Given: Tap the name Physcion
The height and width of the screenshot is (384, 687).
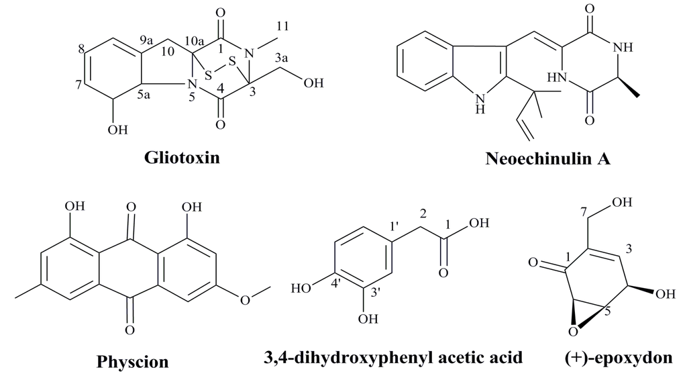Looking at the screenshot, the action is pos(133,363).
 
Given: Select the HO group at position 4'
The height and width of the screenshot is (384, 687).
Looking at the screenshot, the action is pos(302,289).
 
